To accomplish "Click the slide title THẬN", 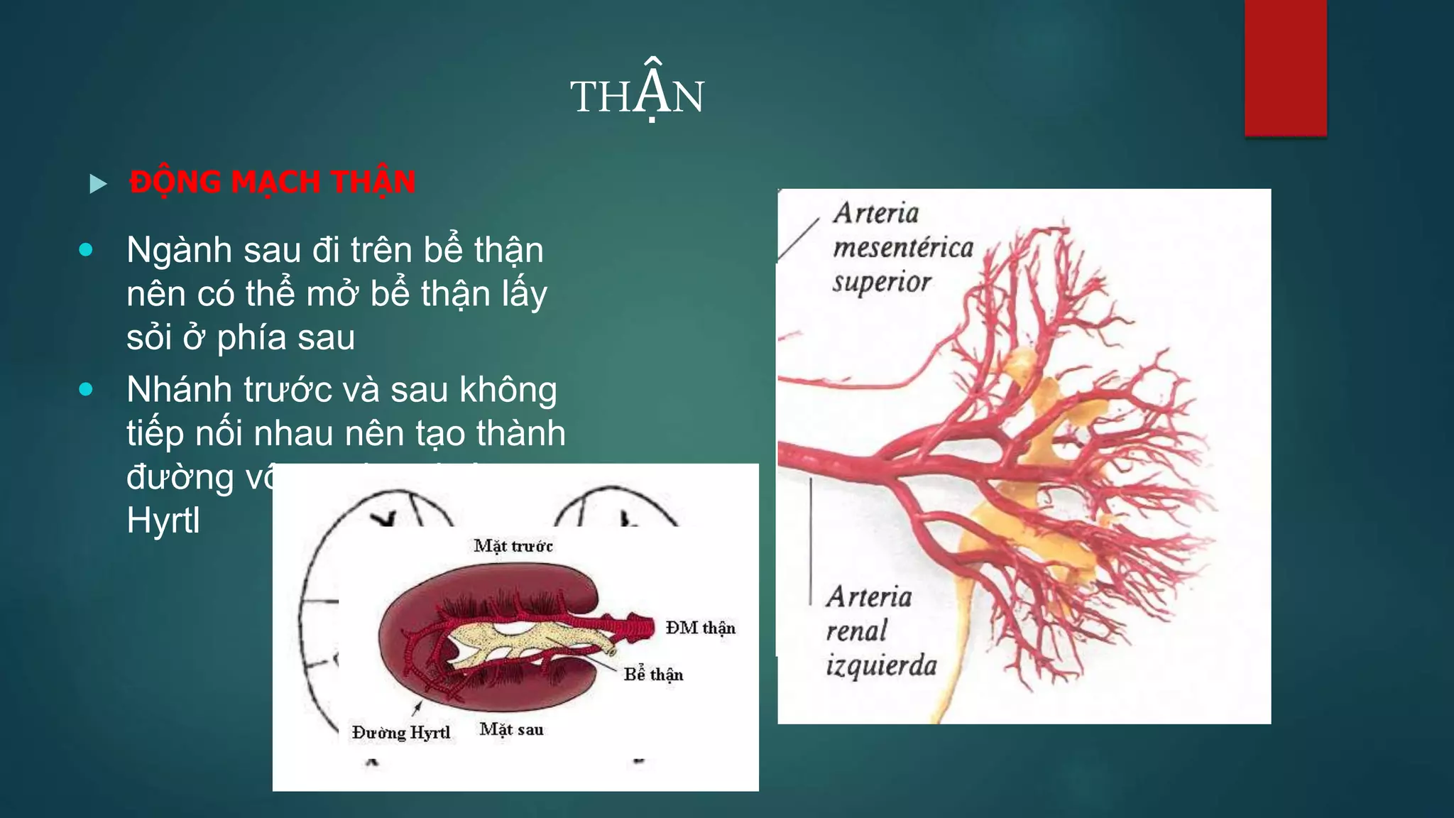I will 637,96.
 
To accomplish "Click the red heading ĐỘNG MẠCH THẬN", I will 272,182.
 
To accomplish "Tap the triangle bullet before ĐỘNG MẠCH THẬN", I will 98,184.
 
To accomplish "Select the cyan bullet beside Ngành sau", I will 86,250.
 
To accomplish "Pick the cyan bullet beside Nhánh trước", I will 86,389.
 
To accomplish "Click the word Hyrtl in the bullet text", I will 163,520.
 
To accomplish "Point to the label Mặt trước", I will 513,546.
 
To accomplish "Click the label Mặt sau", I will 511,729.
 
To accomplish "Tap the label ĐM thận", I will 700,628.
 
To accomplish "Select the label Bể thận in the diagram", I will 653,675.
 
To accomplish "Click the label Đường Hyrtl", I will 401,732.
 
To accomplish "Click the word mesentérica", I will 903,248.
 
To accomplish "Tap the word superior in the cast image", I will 882,282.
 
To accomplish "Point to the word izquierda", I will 881,665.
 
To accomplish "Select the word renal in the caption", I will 857,631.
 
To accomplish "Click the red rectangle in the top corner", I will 1285,67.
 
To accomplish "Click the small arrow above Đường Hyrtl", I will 417,707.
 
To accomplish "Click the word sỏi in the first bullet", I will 149,337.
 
